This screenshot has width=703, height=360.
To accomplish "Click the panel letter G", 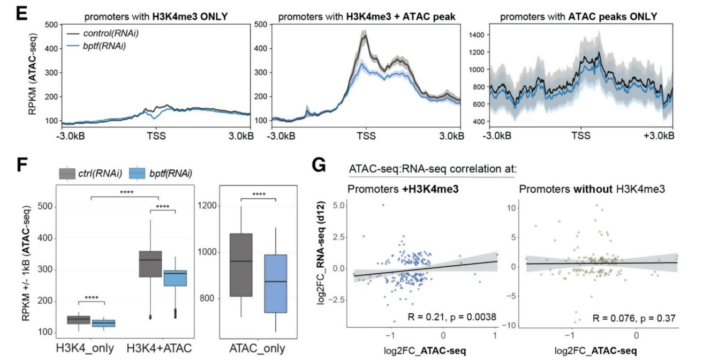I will tap(318, 166).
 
